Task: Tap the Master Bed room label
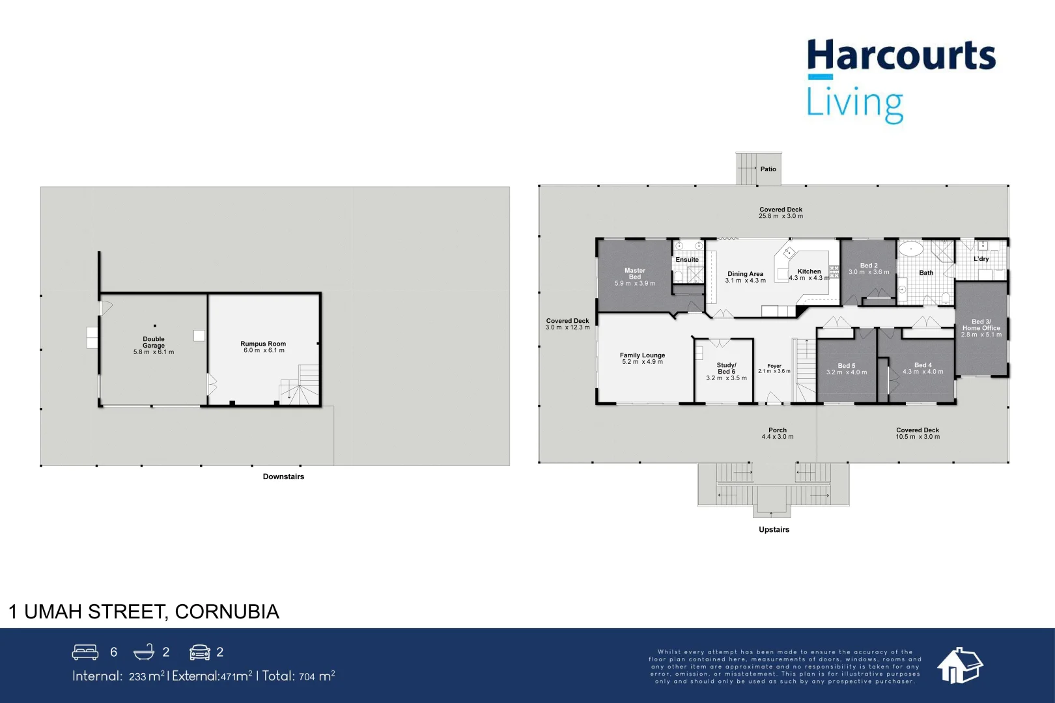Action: pos(635,273)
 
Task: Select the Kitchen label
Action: pos(809,271)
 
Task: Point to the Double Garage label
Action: pos(154,342)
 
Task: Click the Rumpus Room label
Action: pos(263,344)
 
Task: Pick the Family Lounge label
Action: pos(642,355)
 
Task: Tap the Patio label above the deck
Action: pos(768,169)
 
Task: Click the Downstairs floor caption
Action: pos(283,476)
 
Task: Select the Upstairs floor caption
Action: pos(774,530)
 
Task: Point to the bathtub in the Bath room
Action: pos(910,249)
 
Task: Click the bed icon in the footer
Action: pos(85,652)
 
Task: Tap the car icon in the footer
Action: pos(200,652)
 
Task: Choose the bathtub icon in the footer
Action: pos(144,652)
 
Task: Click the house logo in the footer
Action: pos(960,665)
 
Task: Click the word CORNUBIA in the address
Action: pos(227,612)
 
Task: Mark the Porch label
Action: pos(778,430)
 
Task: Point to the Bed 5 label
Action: pos(847,366)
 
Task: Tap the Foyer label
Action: pos(774,366)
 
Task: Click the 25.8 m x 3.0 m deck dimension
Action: pos(781,216)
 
